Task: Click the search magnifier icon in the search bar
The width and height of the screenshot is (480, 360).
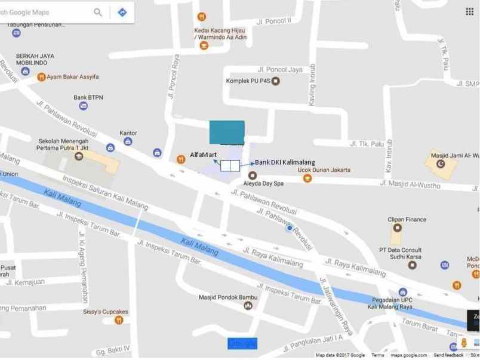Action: tap(98, 12)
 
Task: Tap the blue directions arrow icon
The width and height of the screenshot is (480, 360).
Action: tap(122, 12)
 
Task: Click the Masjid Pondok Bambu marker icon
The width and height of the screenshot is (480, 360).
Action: tap(248, 306)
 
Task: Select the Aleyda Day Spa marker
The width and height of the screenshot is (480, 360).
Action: tap(253, 176)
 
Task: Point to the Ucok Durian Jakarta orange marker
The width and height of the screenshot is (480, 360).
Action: tap(307, 178)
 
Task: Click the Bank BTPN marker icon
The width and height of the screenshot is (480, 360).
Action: tap(83, 106)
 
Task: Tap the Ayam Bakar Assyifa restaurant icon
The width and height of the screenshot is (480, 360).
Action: tap(41, 76)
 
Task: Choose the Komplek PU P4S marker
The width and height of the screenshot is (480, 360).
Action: tap(275, 81)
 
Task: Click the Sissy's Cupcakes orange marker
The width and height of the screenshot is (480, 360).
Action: tap(119, 320)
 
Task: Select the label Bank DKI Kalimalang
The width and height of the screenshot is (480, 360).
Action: tap(285, 162)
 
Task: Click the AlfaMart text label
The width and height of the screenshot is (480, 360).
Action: tap(204, 155)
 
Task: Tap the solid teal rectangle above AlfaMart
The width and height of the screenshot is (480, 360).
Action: tap(227, 132)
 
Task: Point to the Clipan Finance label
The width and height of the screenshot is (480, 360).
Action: tap(407, 219)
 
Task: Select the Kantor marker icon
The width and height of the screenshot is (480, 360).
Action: tap(128, 141)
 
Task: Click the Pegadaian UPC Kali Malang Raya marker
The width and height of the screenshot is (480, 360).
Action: tap(402, 292)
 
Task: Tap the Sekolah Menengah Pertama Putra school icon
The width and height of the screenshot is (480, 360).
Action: tap(79, 156)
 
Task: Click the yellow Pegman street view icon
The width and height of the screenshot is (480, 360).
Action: tap(464, 344)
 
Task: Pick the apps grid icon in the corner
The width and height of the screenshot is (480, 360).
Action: tap(469, 12)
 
